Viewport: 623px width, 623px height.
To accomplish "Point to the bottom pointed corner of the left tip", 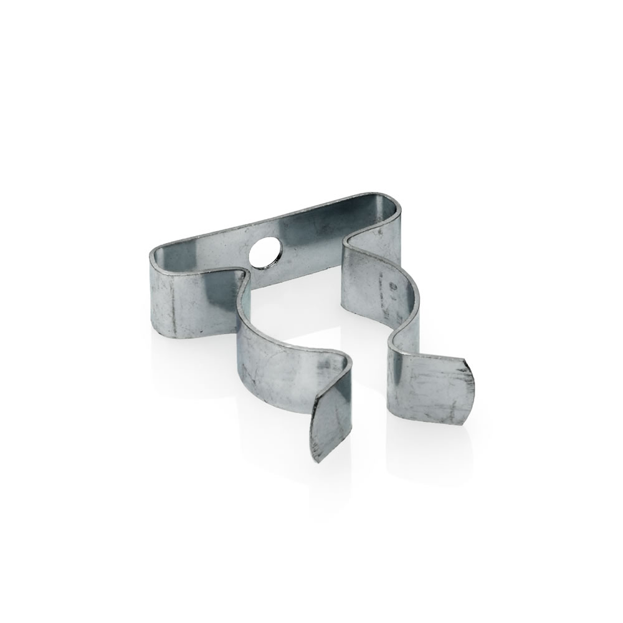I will [318, 463].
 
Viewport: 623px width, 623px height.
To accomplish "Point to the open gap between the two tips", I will [368, 405].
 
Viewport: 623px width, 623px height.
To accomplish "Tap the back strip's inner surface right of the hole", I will [324, 231].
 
